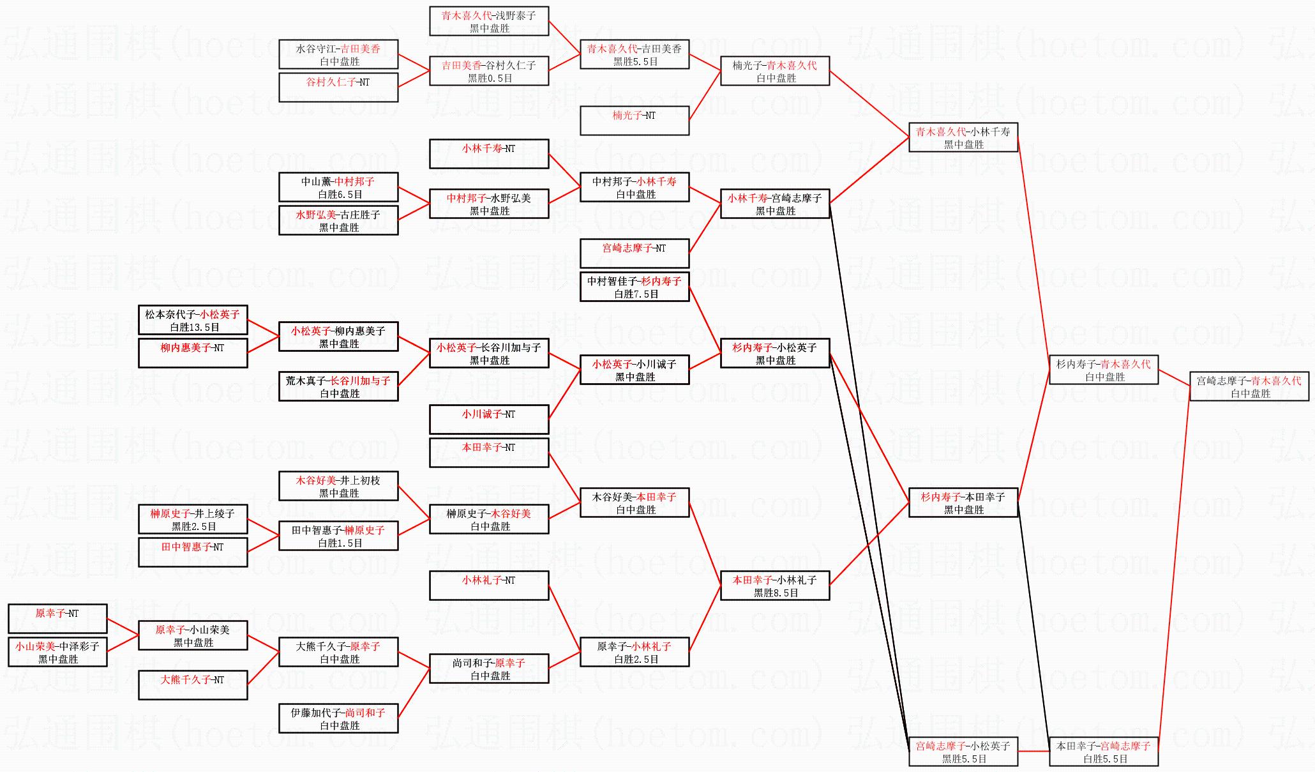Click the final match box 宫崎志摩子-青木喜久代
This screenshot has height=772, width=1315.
click(x=1249, y=386)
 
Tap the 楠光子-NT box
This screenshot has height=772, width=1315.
click(x=635, y=121)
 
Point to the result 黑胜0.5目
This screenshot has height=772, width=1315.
click(x=490, y=79)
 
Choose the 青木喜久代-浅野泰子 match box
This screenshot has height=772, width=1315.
click(x=489, y=21)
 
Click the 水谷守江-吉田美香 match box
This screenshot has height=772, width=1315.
click(x=338, y=54)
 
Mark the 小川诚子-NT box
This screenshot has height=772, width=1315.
click(x=489, y=420)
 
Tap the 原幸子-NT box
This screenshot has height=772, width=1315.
click(x=57, y=619)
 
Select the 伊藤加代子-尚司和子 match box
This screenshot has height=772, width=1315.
click(x=338, y=718)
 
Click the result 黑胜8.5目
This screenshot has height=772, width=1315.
click(x=776, y=593)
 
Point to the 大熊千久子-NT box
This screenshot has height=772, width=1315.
click(x=193, y=685)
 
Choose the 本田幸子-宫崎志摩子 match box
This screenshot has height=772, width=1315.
click(x=1104, y=752)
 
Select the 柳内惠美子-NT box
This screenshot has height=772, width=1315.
click(x=193, y=353)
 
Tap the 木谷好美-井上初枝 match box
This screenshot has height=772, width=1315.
click(x=338, y=486)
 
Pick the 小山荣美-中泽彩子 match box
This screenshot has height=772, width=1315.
click(x=57, y=652)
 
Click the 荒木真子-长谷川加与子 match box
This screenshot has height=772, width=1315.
click(x=338, y=386)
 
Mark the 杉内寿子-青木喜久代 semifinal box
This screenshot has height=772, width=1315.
click(x=1104, y=370)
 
